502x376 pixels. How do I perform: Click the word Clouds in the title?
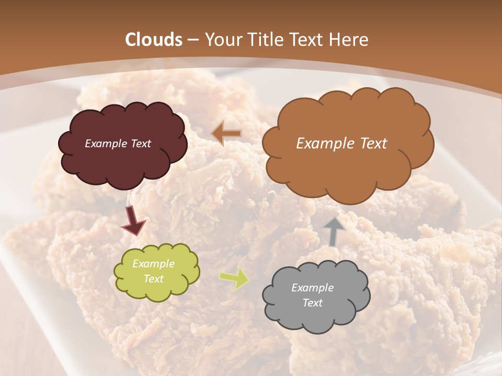pos(154,40)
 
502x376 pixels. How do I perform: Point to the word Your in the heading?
pos(223,40)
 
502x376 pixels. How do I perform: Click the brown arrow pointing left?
pos(226,133)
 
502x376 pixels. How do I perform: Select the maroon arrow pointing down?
pos(133,221)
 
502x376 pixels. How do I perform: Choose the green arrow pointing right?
pos(234,278)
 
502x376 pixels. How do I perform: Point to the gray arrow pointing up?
pos(335,231)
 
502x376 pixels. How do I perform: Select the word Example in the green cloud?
pos(154,264)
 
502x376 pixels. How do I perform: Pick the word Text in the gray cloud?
pos(313,303)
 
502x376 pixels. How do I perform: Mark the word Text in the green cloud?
pos(154,279)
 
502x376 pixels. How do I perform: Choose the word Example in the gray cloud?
pos(313,288)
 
